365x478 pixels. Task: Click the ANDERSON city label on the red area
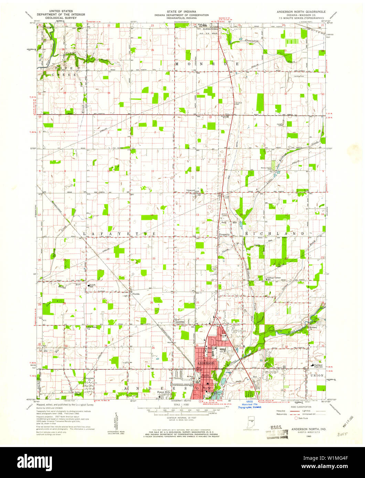[206, 363]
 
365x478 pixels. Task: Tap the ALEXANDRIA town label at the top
[210, 29]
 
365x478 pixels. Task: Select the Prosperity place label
[225, 234]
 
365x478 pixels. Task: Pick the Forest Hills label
[164, 392]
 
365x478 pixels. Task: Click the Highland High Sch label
[319, 367]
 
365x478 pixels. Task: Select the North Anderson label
[206, 376]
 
